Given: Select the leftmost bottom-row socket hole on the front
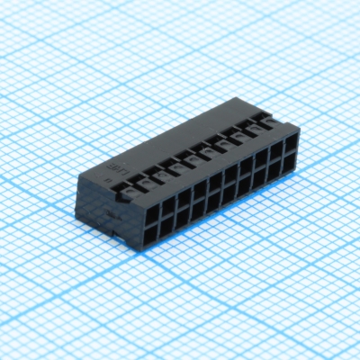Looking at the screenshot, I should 151,234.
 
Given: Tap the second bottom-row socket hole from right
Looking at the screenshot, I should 275,169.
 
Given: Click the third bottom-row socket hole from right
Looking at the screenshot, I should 259,177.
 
